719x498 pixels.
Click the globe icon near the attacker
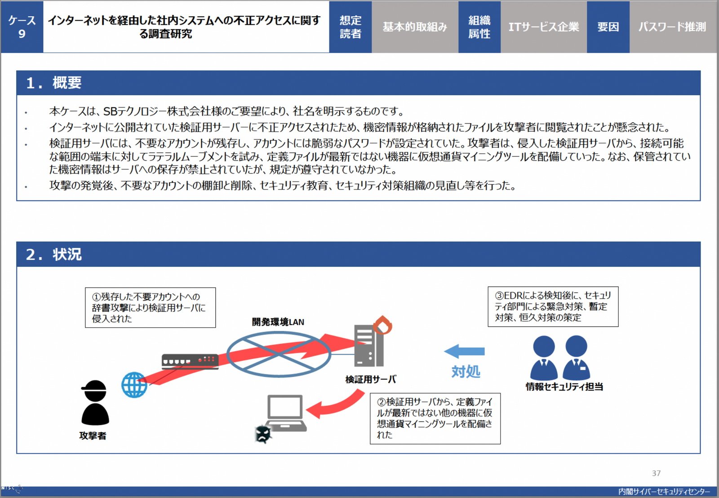pos(134,385)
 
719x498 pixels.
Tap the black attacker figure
pos(95,403)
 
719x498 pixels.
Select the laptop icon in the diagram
pos(286,413)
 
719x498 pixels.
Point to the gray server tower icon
pos(369,346)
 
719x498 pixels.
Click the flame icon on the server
pos(382,325)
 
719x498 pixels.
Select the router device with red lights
pos(190,361)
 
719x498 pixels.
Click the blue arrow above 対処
pos(464,351)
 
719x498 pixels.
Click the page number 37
pos(656,473)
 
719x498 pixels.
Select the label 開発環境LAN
pos(278,322)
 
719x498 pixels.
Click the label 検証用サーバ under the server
pos(371,379)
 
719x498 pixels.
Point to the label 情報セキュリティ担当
pos(564,387)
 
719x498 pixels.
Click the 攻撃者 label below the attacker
pos(93,436)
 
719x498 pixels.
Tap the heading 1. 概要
pos(53,83)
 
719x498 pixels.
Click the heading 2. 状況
pos(53,254)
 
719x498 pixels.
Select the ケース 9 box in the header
pos(22,27)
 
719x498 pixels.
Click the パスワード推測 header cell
pos(673,27)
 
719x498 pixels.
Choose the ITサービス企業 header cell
pos(544,27)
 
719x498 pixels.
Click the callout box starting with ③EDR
pos(553,307)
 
